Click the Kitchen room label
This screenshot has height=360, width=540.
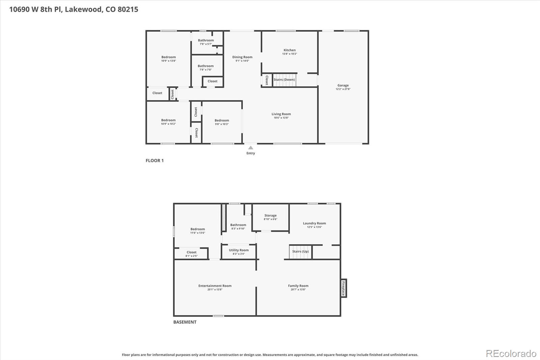[x=289, y=50]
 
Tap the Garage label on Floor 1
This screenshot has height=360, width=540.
[x=343, y=85]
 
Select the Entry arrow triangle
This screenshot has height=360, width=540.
[x=250, y=148]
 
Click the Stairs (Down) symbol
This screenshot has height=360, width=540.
[x=284, y=80]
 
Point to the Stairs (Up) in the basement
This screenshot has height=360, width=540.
[x=300, y=252]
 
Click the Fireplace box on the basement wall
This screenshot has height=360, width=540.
[x=343, y=288]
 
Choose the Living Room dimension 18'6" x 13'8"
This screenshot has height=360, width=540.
[x=281, y=118]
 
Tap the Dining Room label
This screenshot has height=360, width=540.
[x=242, y=57]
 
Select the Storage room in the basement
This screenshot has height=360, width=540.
[x=270, y=217]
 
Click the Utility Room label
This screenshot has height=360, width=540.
[x=239, y=250]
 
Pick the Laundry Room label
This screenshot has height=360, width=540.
[x=314, y=223]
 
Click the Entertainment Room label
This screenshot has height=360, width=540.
[x=215, y=286]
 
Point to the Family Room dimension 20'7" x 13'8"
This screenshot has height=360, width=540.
[x=298, y=289]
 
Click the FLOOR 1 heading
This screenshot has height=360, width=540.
[x=155, y=160]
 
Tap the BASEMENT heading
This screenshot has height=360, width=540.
[x=185, y=322]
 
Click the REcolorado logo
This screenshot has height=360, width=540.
[x=511, y=354]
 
